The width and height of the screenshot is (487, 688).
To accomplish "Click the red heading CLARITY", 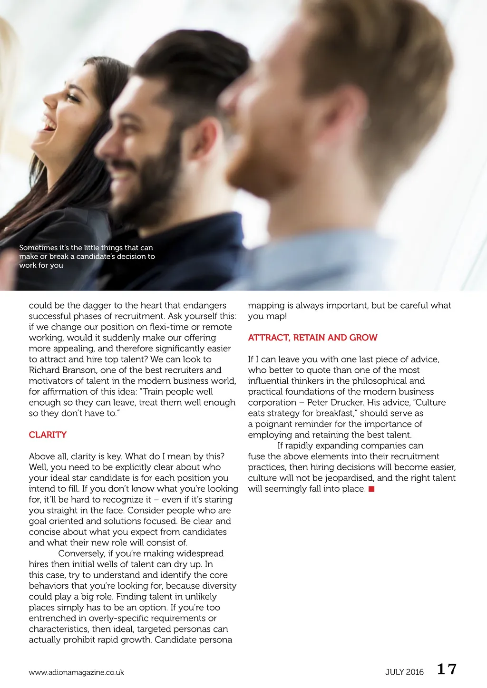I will tap(48, 435).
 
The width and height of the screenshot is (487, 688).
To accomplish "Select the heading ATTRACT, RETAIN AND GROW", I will tap(312, 338).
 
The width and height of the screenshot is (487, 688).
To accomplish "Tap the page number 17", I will tap(447, 669).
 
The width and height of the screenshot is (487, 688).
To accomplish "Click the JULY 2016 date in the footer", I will tap(404, 672).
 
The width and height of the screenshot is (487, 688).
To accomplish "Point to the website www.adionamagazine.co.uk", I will tap(76, 672).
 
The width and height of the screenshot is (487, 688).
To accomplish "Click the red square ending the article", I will tap(371, 489).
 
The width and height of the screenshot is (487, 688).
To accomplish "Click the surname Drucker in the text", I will tap(347, 402).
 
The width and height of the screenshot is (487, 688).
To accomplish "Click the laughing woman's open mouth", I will tap(49, 125).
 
